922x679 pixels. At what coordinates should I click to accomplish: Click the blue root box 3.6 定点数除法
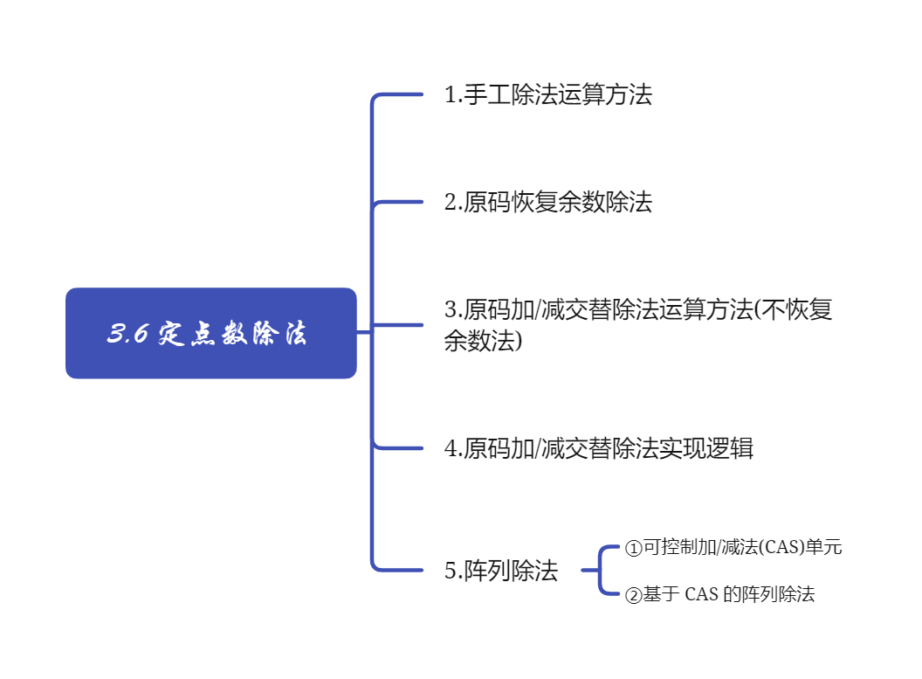click(211, 333)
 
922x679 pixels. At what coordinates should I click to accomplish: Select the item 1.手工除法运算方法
click(548, 94)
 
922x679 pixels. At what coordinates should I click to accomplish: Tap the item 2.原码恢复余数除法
click(548, 203)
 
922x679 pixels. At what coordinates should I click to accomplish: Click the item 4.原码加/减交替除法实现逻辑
click(598, 449)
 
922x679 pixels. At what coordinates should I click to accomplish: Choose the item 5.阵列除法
click(501, 572)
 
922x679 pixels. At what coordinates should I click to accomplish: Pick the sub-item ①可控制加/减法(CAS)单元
click(733, 548)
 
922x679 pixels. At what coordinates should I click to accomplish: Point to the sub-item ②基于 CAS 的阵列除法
click(719, 595)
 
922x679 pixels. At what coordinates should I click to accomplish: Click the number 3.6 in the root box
click(127, 334)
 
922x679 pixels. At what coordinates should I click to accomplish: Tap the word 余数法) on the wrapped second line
click(483, 341)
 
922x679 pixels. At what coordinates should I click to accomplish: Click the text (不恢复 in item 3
click(794, 309)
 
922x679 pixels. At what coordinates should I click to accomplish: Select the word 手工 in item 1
click(486, 94)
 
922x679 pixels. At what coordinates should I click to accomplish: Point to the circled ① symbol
click(633, 549)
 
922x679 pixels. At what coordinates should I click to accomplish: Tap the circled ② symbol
click(633, 596)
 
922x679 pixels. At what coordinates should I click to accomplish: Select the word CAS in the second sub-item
click(701, 595)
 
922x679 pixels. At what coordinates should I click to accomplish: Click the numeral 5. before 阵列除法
click(453, 572)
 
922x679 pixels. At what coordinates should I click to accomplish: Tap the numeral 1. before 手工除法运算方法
click(453, 94)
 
